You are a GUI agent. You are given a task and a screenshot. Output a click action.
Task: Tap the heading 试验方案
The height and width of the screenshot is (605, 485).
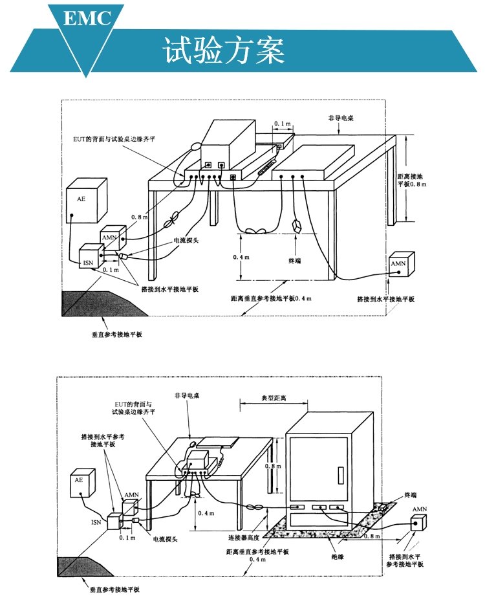point(224,50)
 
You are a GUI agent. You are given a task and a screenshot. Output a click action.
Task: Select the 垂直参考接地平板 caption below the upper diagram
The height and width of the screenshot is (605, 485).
point(116,335)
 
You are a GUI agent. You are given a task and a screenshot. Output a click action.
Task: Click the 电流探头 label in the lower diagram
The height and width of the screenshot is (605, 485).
point(164,538)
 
